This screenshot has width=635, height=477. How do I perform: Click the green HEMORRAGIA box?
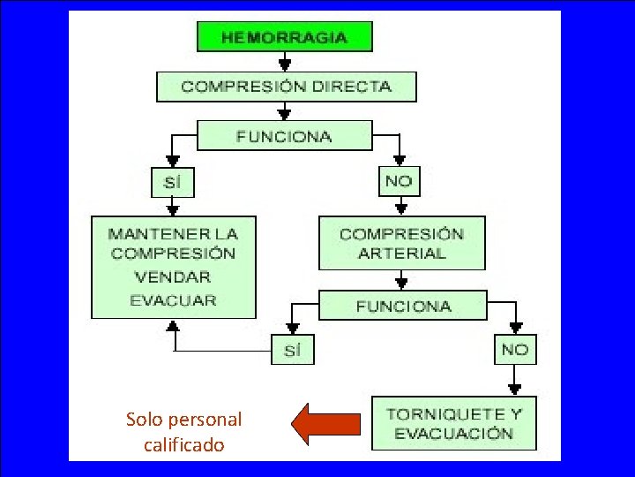[x=284, y=37]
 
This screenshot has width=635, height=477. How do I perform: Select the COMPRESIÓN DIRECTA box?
[x=286, y=87]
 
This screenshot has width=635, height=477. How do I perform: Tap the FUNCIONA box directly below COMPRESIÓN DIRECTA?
[x=284, y=136]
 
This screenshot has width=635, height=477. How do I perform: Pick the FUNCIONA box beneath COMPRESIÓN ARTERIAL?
[x=403, y=306]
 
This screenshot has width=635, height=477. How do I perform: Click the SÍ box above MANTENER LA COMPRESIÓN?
[x=172, y=184]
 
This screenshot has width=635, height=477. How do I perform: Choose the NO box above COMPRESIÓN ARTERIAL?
[x=400, y=182]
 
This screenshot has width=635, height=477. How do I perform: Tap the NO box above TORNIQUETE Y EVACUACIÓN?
[x=514, y=350]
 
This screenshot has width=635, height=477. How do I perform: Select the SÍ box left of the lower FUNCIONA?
[x=292, y=351]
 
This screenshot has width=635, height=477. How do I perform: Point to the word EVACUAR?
[x=173, y=299]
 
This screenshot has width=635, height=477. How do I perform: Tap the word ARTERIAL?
[x=402, y=254]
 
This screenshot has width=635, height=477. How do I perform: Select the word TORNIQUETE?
[x=435, y=413]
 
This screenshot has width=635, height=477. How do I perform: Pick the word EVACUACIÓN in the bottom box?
[x=453, y=434]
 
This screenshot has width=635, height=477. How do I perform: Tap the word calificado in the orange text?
[x=183, y=445]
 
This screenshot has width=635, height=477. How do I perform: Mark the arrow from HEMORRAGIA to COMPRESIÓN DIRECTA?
[x=284, y=62]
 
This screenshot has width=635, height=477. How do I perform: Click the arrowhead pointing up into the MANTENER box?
[x=174, y=326]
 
